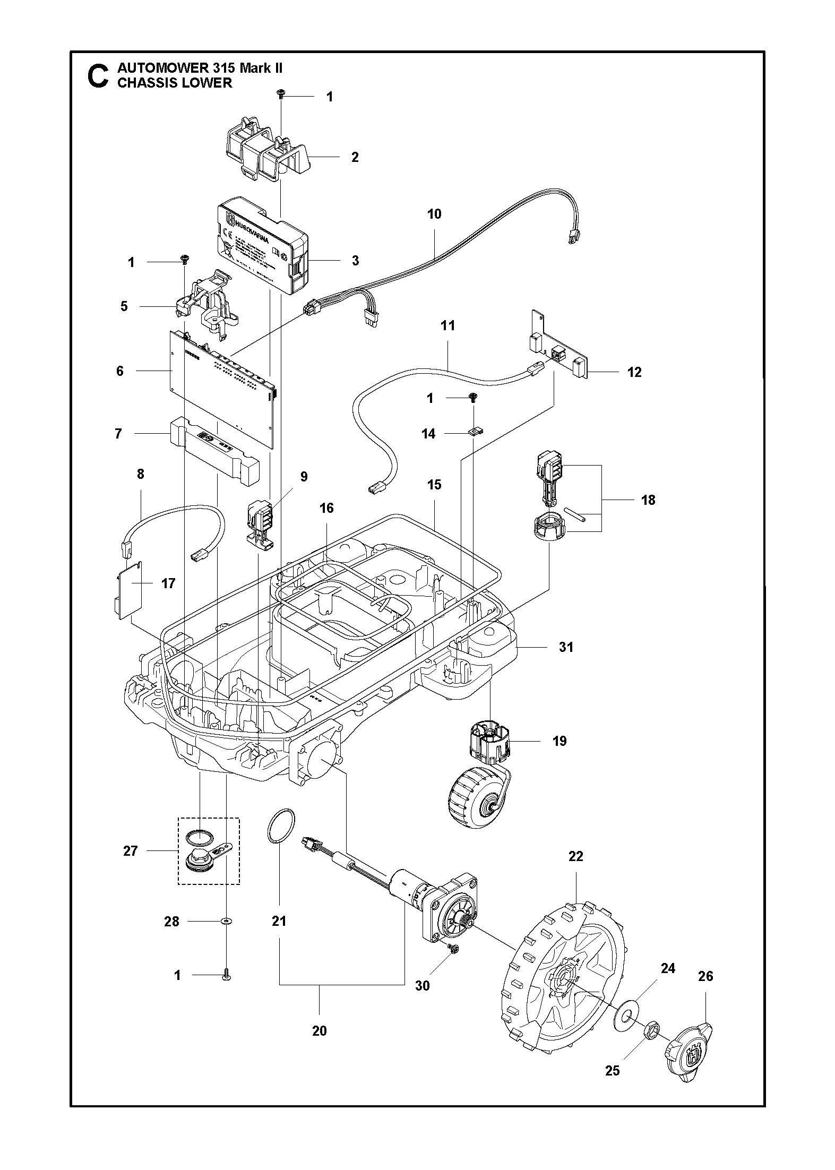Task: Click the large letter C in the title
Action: tap(97, 76)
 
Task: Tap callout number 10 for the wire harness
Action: tap(434, 214)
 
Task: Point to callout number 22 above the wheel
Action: tap(575, 856)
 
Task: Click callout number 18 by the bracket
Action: tap(648, 500)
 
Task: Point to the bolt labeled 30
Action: tap(453, 949)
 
